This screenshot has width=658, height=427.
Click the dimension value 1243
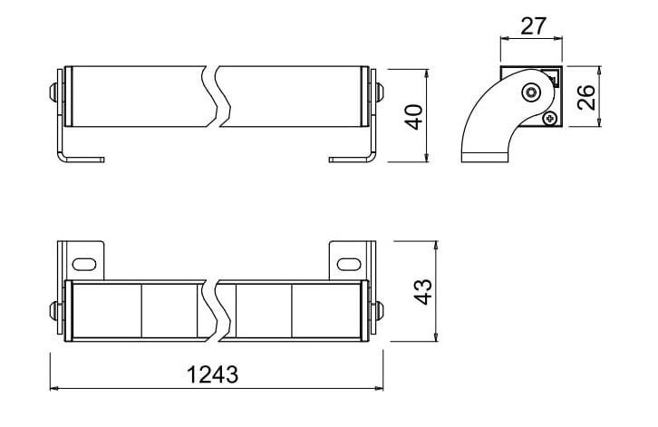[x=213, y=374]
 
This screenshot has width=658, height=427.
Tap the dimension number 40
[x=414, y=117]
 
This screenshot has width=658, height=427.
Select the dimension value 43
[x=422, y=292]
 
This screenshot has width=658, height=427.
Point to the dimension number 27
[x=533, y=26]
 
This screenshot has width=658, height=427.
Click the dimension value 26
[x=585, y=97]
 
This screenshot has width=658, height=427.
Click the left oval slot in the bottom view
[x=84, y=265]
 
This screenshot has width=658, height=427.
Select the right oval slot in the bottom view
[x=349, y=265]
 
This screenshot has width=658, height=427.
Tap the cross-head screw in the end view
[x=550, y=119]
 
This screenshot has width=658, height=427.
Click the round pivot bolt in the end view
[x=532, y=92]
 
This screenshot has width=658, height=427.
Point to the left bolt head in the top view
[x=53, y=92]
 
